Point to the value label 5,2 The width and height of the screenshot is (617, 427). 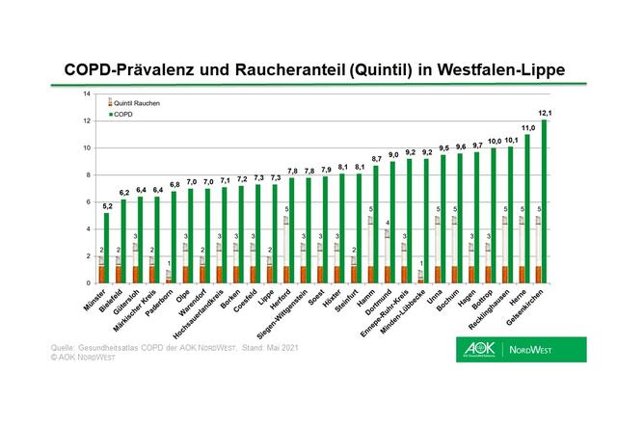pyautogui.click(x=105, y=206)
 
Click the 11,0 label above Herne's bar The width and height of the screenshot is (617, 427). pyautogui.click(x=528, y=128)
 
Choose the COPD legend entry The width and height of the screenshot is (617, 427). pyautogui.click(x=123, y=113)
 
